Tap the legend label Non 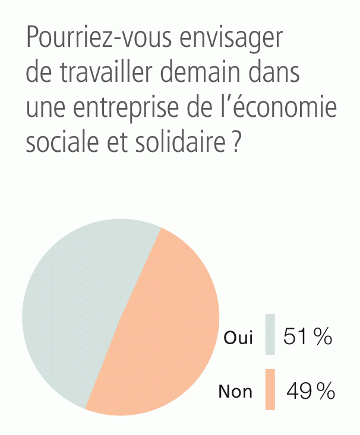tap(235, 392)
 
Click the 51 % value tap(307, 337)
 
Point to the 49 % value tap(310, 391)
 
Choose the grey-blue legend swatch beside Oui tap(270, 335)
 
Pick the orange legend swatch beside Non tap(270, 389)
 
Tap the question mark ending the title tap(236, 143)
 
